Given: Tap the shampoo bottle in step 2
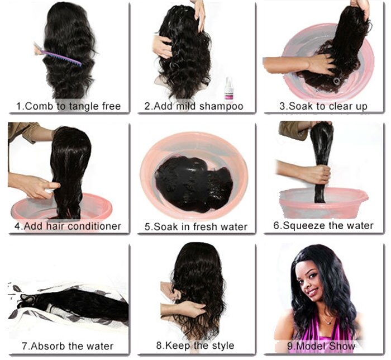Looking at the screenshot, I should (228, 88).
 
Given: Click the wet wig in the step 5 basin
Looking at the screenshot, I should (193, 182).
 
